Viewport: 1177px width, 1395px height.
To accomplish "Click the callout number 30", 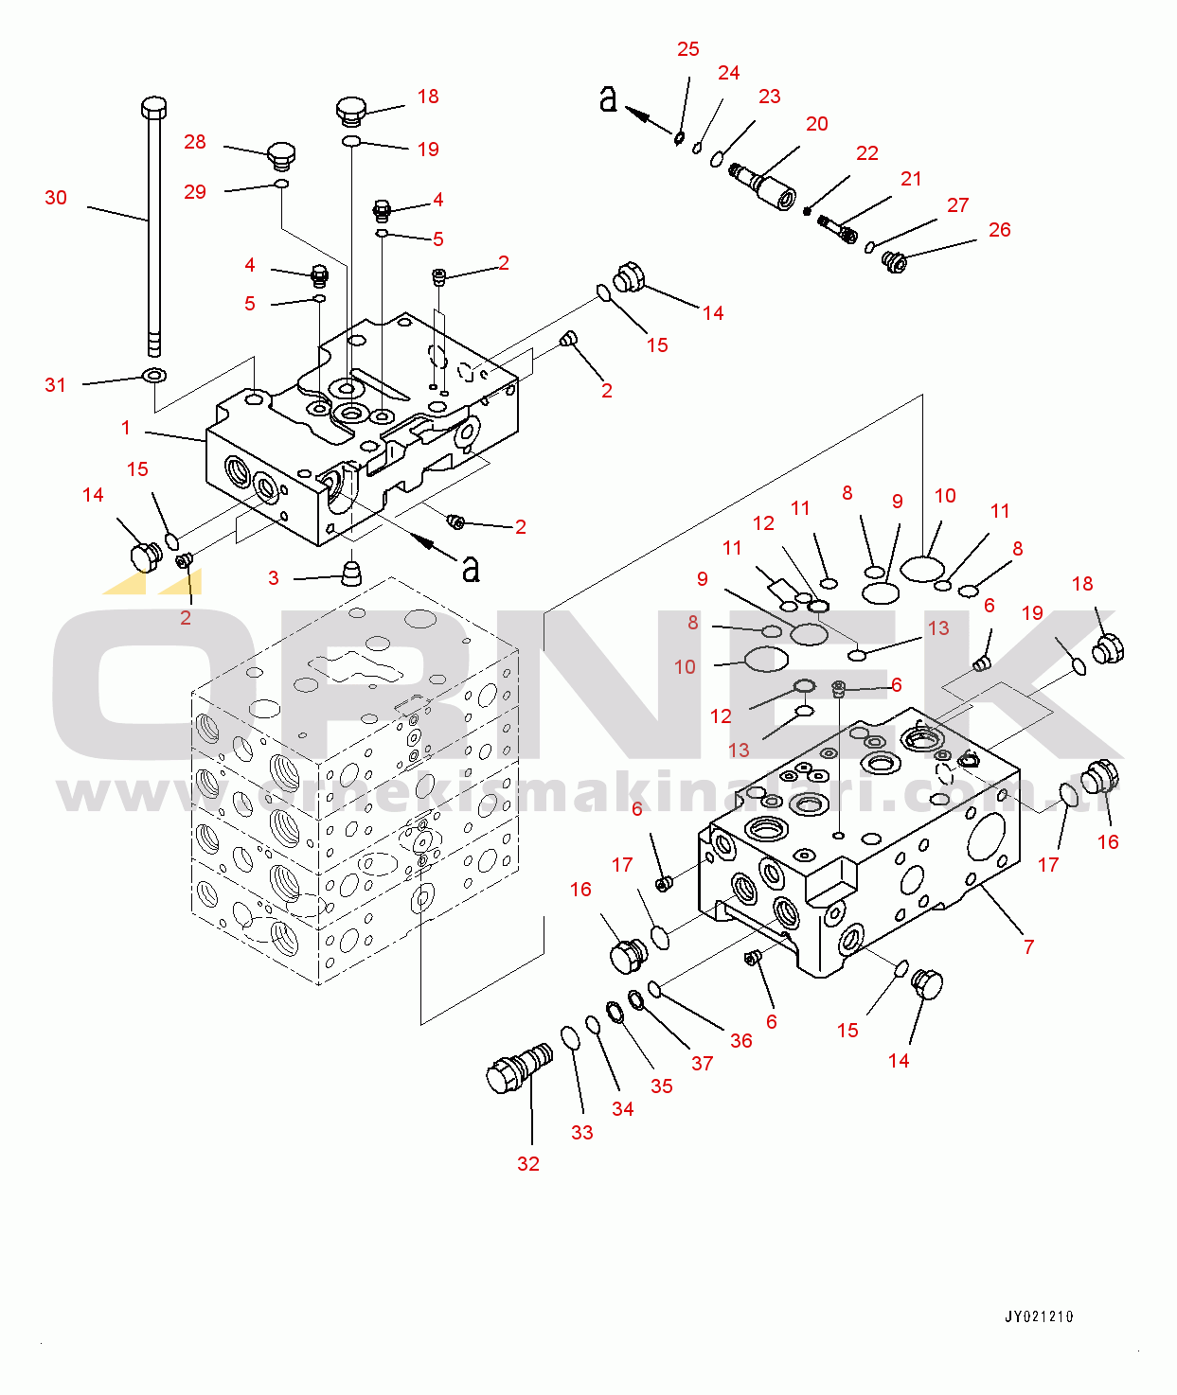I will [x=56, y=198].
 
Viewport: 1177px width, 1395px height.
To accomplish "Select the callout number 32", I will [x=528, y=1164].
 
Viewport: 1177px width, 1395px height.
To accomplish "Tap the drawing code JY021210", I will [x=1039, y=1316].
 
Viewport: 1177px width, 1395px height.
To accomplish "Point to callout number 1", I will [x=126, y=428].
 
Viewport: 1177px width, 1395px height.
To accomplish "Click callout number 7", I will [x=1029, y=946].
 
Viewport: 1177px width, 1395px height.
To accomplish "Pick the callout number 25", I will [x=688, y=49].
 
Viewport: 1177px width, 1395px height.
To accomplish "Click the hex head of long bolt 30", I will [x=154, y=106].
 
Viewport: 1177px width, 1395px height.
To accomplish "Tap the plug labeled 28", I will [x=281, y=154].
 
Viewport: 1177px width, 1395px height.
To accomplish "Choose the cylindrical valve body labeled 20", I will [x=767, y=187].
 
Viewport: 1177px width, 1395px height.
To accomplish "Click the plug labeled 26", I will [x=894, y=260].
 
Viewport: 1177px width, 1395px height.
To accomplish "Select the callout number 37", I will [x=702, y=1064].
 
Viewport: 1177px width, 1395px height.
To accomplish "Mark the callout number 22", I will [x=867, y=153].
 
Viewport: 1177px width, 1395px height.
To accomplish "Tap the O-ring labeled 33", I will [x=570, y=1037].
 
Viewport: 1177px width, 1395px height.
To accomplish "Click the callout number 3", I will [x=274, y=578].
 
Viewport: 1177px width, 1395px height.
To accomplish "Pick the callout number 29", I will [x=195, y=192].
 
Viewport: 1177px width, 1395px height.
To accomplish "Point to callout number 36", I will [x=741, y=1041].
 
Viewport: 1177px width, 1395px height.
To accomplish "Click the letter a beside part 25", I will [x=608, y=97].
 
